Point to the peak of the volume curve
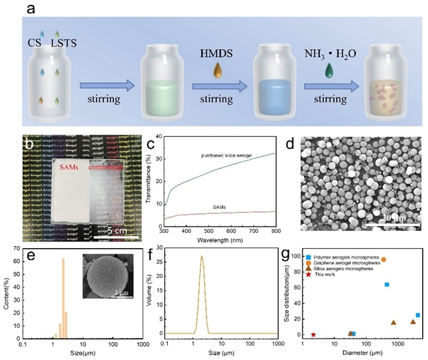click(x=201, y=257)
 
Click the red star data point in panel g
click(x=313, y=334)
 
